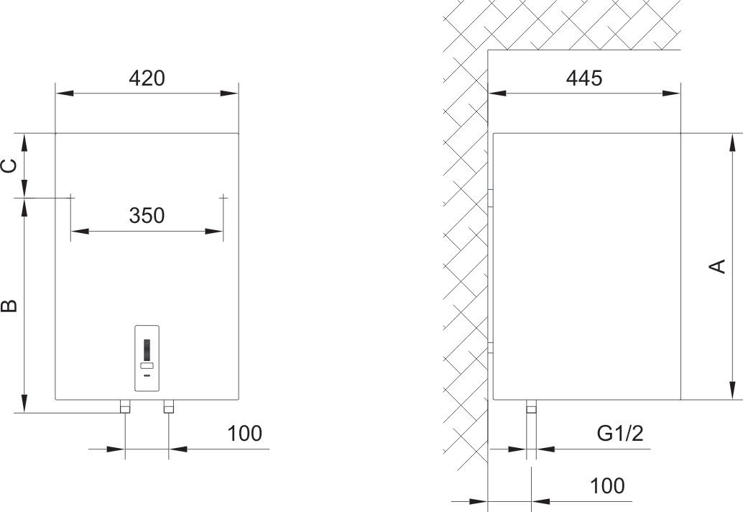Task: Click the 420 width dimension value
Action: coord(147,78)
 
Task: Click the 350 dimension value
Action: coord(147,216)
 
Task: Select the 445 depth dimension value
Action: coord(583,78)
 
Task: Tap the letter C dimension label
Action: coord(10,165)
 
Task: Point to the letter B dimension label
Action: coord(10,306)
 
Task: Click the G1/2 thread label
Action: coord(620,434)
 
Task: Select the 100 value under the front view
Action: coord(244,434)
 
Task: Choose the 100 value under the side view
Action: coord(607,486)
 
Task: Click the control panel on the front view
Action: coord(147,358)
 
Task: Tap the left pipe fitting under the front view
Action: coord(125,407)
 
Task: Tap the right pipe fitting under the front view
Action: coord(169,407)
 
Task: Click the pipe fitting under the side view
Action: coord(531,407)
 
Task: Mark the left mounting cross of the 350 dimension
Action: coord(71,197)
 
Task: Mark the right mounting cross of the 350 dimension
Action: coord(223,197)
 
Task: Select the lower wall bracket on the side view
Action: coord(491,348)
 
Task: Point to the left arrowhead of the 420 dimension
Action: coord(65,93)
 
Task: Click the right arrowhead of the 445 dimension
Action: coord(671,93)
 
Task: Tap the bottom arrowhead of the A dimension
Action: coord(733,390)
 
